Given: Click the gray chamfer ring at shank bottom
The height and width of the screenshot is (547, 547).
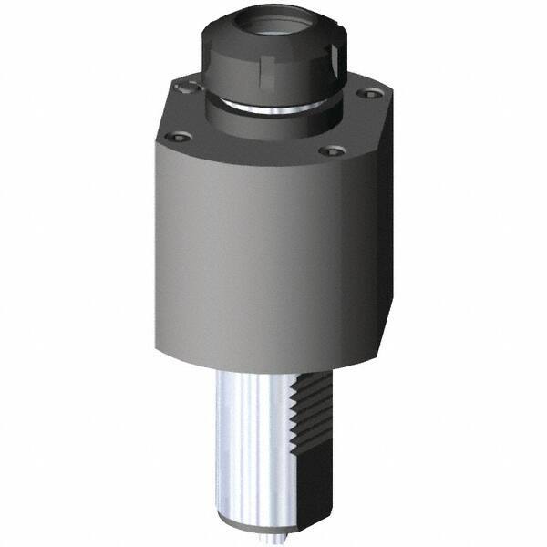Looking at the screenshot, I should point(260,524).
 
